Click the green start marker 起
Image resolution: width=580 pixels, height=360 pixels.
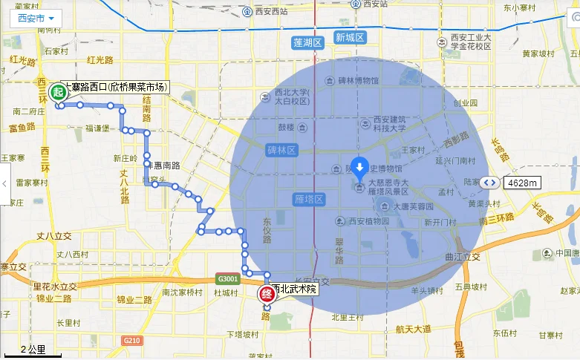click(x=56, y=91)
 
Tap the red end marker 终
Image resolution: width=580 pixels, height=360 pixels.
click(x=267, y=294)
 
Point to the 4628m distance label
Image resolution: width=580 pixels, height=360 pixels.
click(x=524, y=182)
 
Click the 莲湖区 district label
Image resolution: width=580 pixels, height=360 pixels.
click(x=307, y=42)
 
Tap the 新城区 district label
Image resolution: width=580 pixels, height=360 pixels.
click(x=349, y=37)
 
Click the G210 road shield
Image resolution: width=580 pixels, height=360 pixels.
click(x=132, y=341)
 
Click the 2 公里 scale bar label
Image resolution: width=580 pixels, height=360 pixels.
click(x=32, y=350)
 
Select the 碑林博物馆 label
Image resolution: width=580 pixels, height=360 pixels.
click(x=359, y=80)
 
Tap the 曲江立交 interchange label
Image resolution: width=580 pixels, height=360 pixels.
click(x=463, y=257)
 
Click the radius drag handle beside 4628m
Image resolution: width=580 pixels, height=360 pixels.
click(x=489, y=182)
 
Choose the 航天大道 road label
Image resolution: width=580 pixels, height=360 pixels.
click(x=413, y=329)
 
